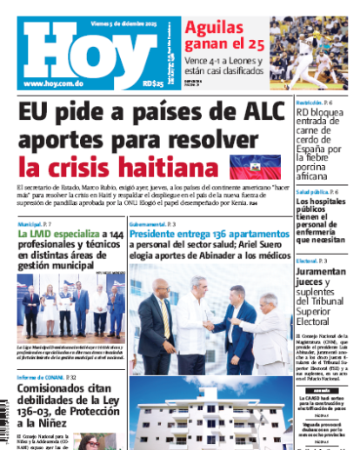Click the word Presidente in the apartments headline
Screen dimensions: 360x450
159,235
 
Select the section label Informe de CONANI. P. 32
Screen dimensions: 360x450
45,376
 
